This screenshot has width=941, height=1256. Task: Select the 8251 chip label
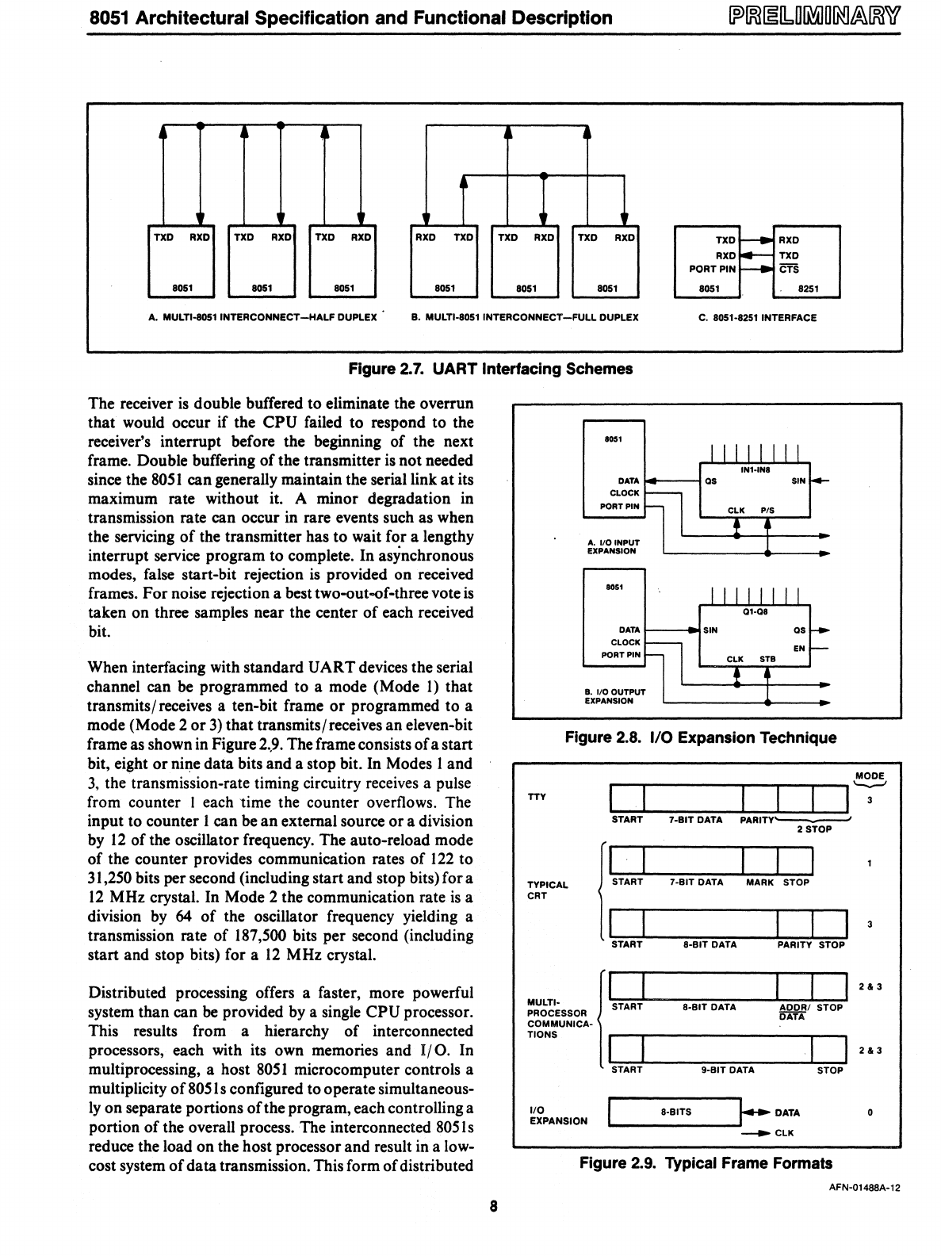(807, 289)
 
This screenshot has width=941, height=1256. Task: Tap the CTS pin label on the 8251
(788, 270)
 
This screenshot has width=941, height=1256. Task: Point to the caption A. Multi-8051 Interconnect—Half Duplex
(263, 318)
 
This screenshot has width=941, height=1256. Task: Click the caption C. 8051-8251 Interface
(757, 318)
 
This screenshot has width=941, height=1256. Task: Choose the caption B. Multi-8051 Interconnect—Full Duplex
(525, 318)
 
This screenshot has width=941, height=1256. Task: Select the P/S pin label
(767, 511)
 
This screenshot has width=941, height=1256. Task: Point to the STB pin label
(767, 658)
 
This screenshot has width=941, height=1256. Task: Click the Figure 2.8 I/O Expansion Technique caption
(700, 738)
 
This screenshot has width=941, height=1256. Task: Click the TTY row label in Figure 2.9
(537, 797)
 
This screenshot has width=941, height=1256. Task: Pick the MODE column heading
(870, 775)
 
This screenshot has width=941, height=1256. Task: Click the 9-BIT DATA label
(728, 1070)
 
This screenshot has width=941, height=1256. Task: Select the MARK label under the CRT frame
(759, 882)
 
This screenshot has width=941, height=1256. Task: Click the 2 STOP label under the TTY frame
(814, 829)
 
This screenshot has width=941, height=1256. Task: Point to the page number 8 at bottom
(492, 1207)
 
